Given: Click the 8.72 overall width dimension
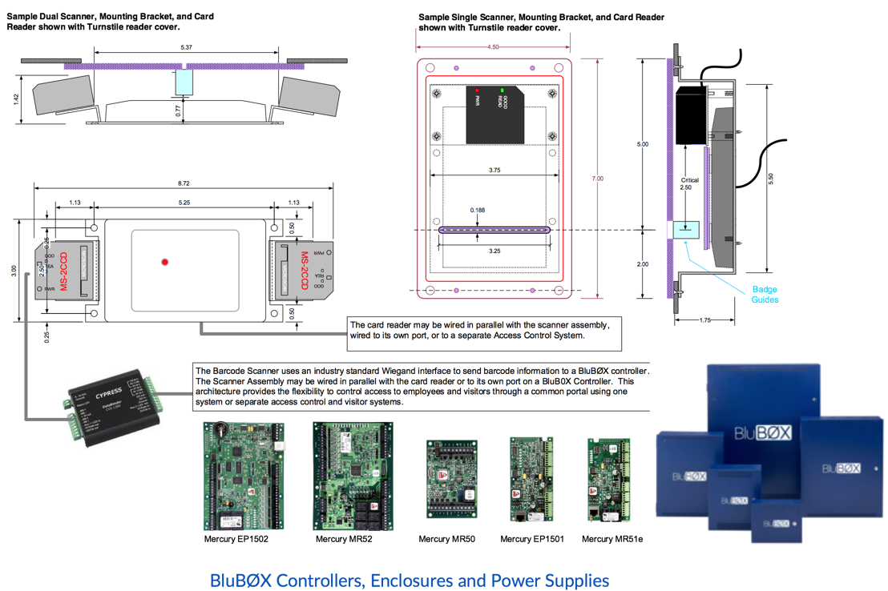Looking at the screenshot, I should [184, 183].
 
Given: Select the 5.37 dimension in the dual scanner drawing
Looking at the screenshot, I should [186, 48].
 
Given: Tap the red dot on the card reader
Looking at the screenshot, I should [165, 262].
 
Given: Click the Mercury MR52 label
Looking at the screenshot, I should [343, 539].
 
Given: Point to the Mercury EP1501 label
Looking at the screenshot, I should [531, 539].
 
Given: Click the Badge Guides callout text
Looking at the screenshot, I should [764, 295].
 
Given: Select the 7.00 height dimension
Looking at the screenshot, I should [597, 179].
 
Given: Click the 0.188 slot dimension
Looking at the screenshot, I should [478, 211].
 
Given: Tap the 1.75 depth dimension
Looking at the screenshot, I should [704, 320].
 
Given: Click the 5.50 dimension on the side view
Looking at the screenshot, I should [770, 179].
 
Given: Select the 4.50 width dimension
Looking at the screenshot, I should [493, 47].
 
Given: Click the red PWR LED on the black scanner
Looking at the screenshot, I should [477, 91].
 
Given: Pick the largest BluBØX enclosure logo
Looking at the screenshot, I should [763, 434].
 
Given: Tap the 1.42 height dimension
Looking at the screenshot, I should [17, 98].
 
